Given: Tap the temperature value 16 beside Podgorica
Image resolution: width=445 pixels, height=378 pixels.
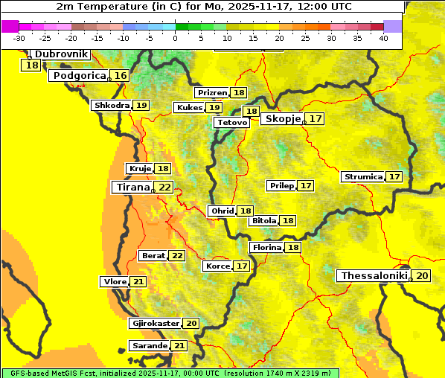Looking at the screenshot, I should (121, 76).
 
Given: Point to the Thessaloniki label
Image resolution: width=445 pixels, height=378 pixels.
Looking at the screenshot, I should (374, 276).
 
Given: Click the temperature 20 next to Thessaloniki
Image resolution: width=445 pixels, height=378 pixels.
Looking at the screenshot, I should (422, 276).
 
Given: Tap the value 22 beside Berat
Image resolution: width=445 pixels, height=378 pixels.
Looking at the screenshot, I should (177, 256).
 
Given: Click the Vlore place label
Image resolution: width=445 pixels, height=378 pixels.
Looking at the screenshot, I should (114, 281).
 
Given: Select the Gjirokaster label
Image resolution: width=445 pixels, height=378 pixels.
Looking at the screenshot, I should (155, 324).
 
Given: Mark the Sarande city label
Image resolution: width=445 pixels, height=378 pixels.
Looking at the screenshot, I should (148, 346).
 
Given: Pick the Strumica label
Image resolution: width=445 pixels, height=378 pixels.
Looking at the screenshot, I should (362, 177).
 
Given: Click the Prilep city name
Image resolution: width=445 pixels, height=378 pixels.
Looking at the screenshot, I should (281, 185).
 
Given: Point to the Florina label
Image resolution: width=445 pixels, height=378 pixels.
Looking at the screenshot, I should (266, 247).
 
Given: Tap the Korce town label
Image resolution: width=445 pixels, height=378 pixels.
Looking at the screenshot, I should (217, 266).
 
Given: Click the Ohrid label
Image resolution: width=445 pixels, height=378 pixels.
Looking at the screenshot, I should (222, 211).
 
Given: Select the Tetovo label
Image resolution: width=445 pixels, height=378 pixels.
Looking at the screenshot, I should (231, 122).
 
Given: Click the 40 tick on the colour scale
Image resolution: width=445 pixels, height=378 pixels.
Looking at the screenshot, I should (382, 38).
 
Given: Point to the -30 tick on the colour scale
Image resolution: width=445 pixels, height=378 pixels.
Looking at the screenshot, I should (20, 38).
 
